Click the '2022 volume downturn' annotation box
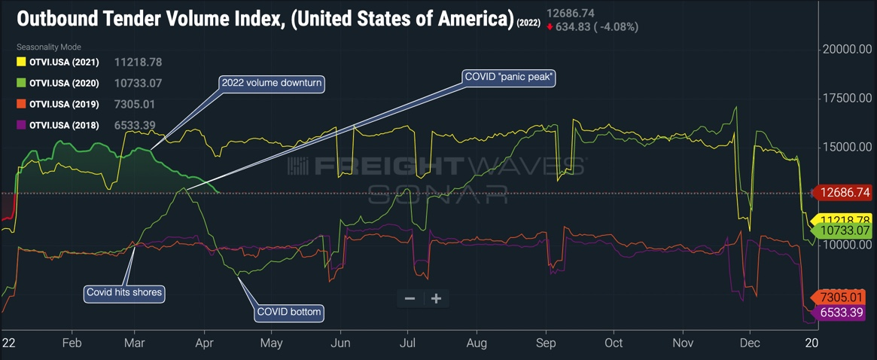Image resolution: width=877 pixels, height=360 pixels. click(271, 83)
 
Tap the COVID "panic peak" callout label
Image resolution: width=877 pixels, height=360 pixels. click(508, 77)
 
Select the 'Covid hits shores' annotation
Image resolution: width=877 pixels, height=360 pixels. click(124, 292)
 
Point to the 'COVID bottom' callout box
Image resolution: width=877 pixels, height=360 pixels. click(290, 312)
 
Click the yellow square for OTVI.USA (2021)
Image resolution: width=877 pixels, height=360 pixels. click(21, 63)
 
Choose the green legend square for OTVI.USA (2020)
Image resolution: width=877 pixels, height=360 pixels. click(21, 84)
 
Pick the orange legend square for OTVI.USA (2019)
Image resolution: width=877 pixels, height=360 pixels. click(21, 105)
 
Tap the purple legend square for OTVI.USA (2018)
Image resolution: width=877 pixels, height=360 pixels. click(21, 126)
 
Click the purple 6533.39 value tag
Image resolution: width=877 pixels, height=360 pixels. click(842, 312)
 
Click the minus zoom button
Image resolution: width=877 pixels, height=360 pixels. click(410, 298)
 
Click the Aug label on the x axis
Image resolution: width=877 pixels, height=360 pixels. click(476, 343)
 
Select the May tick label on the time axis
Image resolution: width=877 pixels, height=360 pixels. click(271, 343)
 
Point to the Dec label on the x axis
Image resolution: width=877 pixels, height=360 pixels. click(750, 343)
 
